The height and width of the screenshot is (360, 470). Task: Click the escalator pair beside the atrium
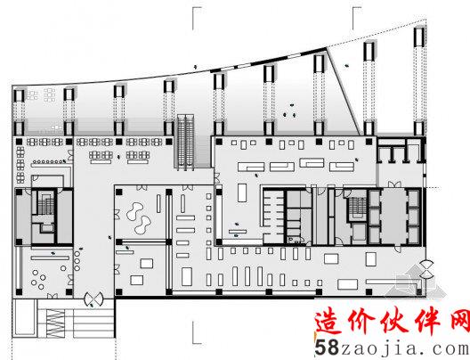[185, 143]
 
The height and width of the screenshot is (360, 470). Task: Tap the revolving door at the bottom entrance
[93, 299]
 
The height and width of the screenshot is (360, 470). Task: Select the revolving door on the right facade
[425, 269]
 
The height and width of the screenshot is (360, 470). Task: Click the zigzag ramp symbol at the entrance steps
[55, 323]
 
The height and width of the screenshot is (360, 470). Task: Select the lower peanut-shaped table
[142, 225]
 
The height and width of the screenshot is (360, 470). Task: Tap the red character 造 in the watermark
[328, 322]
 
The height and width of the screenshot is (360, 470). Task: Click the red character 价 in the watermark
[361, 322]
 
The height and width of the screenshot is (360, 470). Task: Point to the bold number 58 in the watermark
[327, 348]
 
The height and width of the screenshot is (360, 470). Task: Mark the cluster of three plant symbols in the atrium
[290, 111]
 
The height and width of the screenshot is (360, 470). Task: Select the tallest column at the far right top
[419, 37]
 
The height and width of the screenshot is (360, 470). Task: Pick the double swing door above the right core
[394, 184]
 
